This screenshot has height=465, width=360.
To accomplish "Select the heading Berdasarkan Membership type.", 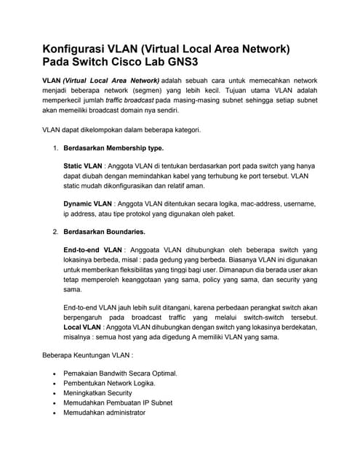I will pyautogui.click(x=113, y=147).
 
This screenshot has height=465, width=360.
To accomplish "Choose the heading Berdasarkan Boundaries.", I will pyautogui.click(x=105, y=232).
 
